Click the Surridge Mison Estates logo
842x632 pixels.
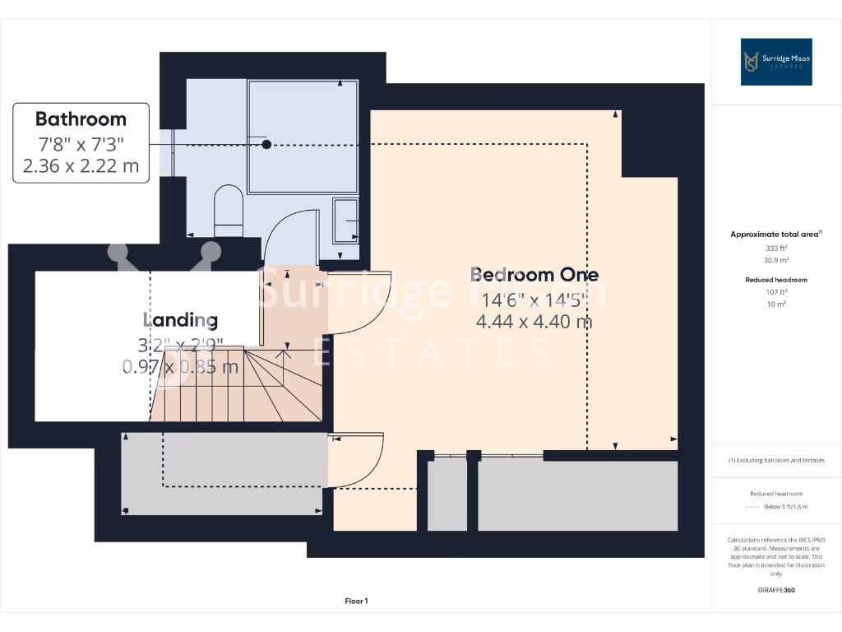click(x=776, y=62)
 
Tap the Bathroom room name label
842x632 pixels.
click(x=81, y=118)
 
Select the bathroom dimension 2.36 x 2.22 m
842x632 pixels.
click(x=81, y=167)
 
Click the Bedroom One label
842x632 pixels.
click(x=534, y=274)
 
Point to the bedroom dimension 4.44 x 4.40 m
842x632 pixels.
click(x=534, y=321)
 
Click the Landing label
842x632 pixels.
click(x=181, y=319)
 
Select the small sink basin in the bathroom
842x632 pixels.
click(x=345, y=220)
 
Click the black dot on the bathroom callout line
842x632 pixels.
click(x=266, y=145)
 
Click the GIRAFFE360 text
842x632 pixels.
click(x=776, y=590)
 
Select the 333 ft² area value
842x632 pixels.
click(x=776, y=248)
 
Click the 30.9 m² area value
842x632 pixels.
click(x=776, y=260)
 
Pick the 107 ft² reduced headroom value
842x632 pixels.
click(x=776, y=292)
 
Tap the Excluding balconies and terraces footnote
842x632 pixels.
click(x=776, y=460)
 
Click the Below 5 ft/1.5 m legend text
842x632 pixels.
click(x=785, y=506)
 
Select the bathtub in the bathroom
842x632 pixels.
click(x=303, y=136)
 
